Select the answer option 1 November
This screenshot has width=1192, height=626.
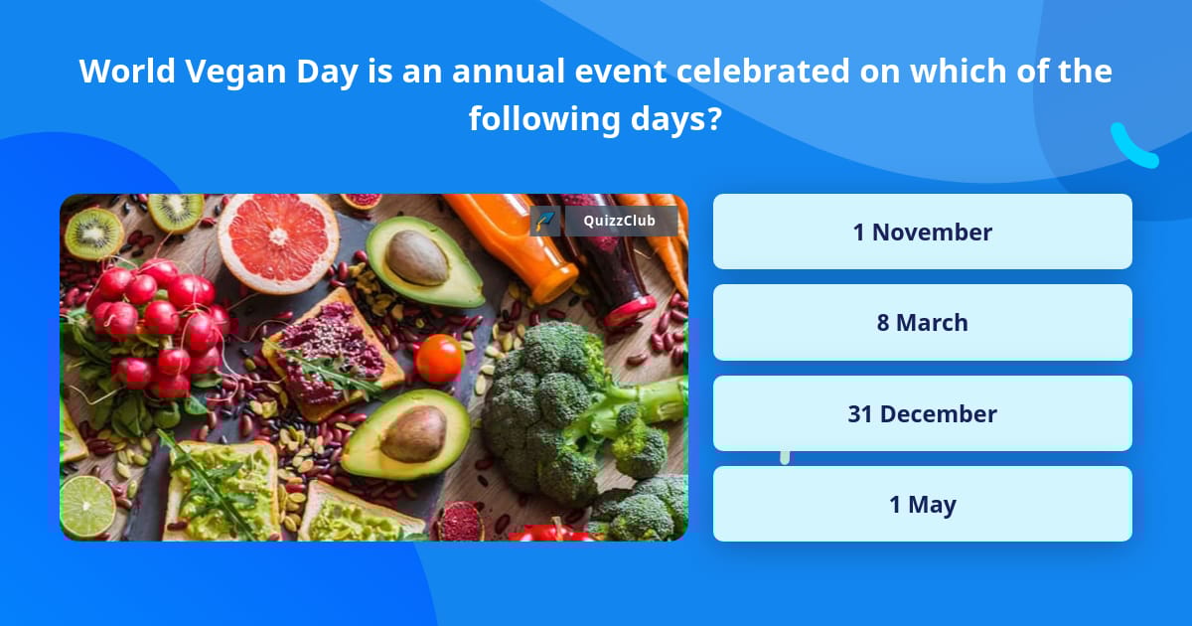point(922,232)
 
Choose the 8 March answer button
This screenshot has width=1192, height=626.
point(922,323)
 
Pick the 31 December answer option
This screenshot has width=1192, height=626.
point(922,413)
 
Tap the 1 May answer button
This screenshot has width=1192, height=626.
point(922,505)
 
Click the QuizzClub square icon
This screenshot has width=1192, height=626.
point(544,221)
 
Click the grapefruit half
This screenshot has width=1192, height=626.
point(279,240)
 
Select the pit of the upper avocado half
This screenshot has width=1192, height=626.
point(417,258)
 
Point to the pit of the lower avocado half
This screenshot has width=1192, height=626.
point(413,434)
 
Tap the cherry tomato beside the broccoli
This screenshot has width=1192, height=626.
point(439,358)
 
